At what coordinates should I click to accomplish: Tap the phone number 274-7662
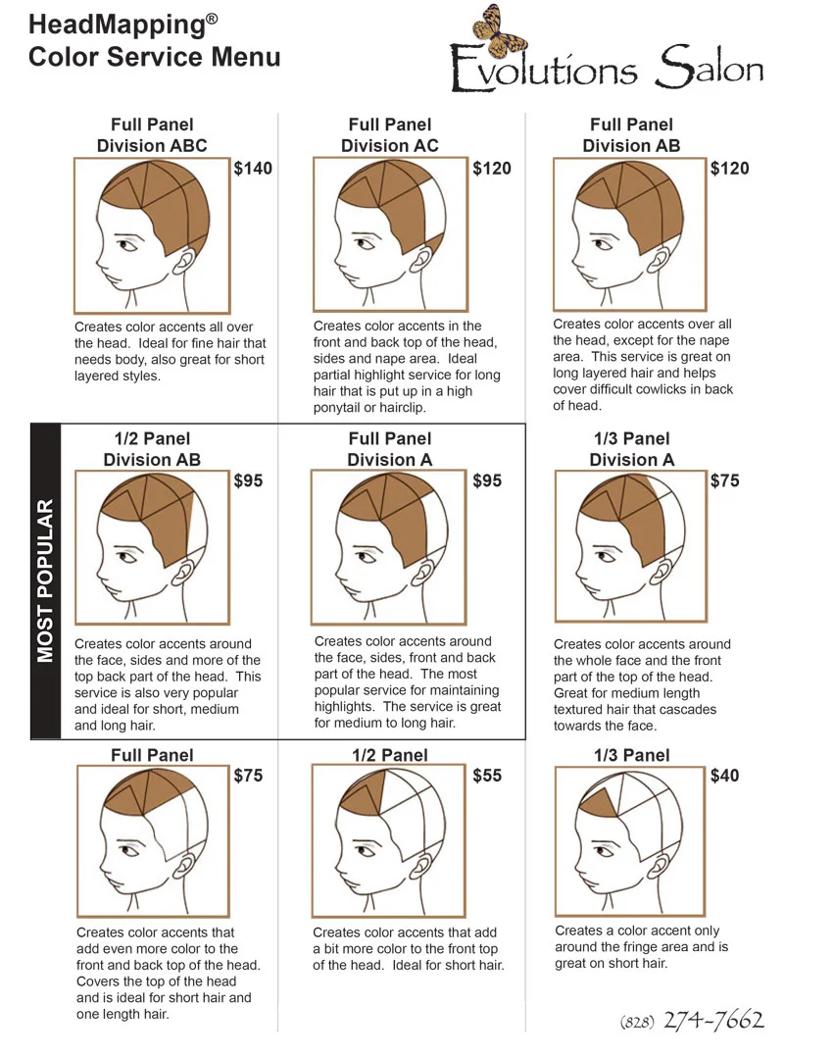click(x=713, y=1021)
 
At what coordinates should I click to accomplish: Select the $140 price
click(x=253, y=169)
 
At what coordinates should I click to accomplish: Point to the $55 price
click(x=487, y=776)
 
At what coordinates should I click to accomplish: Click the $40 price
click(x=725, y=776)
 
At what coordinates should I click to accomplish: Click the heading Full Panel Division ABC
click(x=152, y=135)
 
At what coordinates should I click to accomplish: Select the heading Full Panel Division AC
click(x=390, y=135)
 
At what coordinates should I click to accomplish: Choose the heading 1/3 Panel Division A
click(x=632, y=449)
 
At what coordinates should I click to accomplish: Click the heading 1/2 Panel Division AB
click(x=152, y=449)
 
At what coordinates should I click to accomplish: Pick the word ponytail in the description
click(x=343, y=408)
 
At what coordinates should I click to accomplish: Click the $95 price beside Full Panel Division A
click(x=487, y=481)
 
